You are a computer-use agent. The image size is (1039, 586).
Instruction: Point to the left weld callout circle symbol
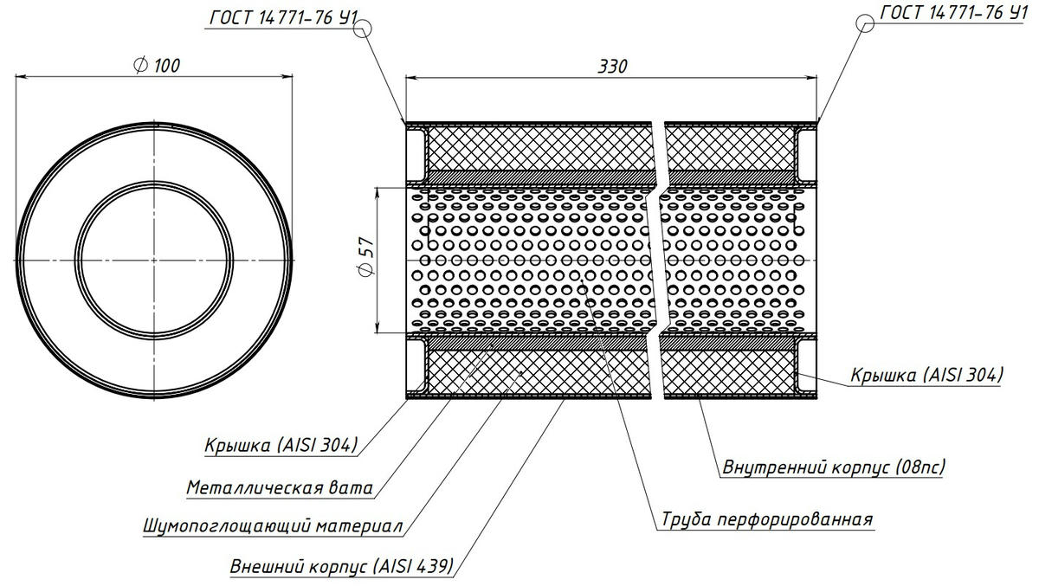[x=363, y=28]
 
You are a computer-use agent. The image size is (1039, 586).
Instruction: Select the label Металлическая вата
[x=280, y=488]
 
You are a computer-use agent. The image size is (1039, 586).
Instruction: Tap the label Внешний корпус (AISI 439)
[x=341, y=568]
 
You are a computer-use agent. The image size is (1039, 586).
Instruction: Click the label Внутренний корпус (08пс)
[x=833, y=467]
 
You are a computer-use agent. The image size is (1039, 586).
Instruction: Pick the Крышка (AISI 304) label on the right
[x=926, y=376]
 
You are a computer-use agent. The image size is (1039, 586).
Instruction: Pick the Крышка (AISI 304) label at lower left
[x=281, y=446]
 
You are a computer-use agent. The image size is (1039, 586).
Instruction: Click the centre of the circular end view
[x=154, y=260]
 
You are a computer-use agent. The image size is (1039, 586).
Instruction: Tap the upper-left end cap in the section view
[x=416, y=151]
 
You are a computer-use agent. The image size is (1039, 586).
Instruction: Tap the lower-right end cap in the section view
[x=806, y=367]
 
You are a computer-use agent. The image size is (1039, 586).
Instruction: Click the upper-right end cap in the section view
[x=806, y=151]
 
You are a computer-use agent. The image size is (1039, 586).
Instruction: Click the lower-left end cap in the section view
[x=416, y=367]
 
